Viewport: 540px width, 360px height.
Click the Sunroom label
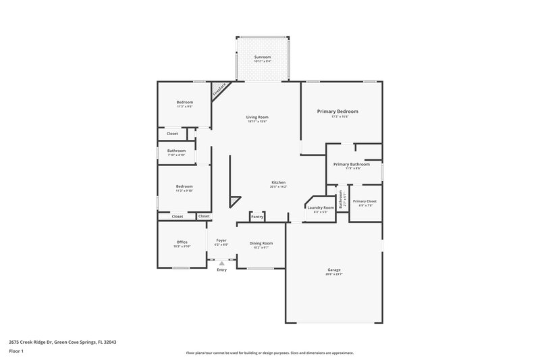click(x=261, y=57)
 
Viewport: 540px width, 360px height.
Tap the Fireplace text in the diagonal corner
click(x=218, y=90)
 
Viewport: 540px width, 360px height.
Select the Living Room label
click(x=257, y=117)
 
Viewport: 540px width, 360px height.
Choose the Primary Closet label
click(x=364, y=201)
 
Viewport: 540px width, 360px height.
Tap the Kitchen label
click(x=278, y=182)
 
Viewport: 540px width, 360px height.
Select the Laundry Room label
click(x=321, y=207)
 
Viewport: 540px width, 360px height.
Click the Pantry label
click(x=256, y=217)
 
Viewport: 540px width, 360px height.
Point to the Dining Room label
click(x=261, y=242)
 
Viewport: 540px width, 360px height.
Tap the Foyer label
click(x=221, y=240)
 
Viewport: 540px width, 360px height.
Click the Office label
click(x=182, y=242)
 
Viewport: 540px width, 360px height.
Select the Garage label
click(x=334, y=269)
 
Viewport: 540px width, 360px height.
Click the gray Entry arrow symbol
click(x=221, y=263)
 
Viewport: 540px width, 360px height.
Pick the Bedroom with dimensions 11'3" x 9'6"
click(x=185, y=102)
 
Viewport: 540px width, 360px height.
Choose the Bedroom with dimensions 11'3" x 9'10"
click(x=185, y=186)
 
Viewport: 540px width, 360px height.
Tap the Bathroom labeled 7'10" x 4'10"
click(x=177, y=150)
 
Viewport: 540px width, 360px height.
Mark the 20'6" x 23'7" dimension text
click(x=334, y=274)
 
